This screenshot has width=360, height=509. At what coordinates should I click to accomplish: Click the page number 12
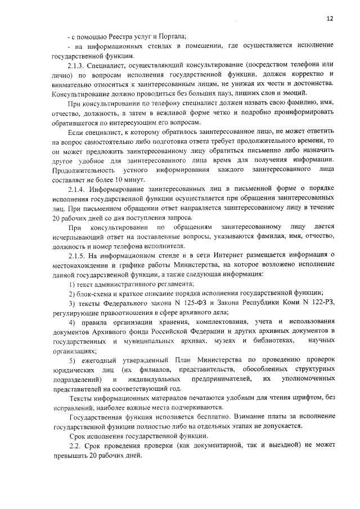[x=330, y=19]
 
